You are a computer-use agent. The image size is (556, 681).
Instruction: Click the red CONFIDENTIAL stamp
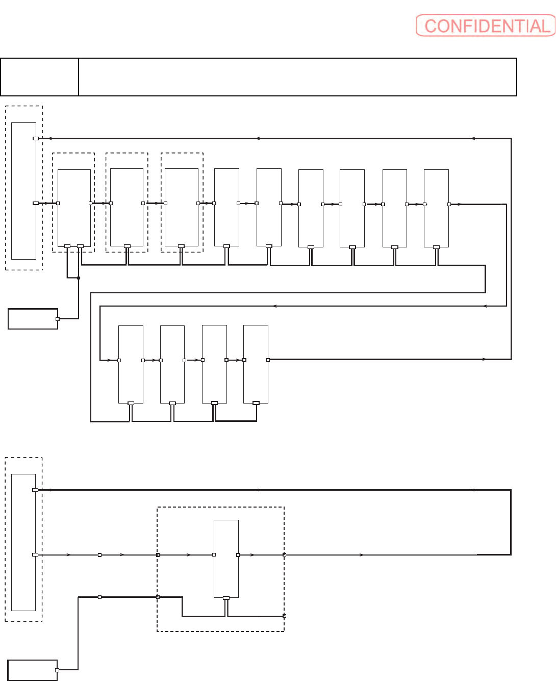click(485, 26)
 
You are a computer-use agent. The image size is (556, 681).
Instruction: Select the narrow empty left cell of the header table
click(39, 77)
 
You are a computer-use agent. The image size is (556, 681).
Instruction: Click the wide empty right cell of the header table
click(297, 77)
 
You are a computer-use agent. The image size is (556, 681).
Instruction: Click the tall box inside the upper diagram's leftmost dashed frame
click(23, 191)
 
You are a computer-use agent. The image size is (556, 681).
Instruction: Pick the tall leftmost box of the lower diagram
click(23, 542)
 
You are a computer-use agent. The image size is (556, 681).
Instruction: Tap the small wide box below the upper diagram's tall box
click(33, 319)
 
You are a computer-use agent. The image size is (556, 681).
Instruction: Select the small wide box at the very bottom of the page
click(32, 670)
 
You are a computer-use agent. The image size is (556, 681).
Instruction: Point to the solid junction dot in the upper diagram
click(79, 278)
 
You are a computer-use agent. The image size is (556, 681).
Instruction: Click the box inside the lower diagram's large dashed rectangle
click(226, 559)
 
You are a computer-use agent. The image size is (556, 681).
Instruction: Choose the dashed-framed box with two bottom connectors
click(74, 208)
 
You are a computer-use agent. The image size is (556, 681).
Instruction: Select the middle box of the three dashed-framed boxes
click(127, 208)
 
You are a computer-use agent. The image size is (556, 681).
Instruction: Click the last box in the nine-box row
click(436, 208)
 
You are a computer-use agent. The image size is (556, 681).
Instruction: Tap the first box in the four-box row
click(131, 364)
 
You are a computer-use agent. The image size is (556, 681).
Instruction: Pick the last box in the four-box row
click(256, 364)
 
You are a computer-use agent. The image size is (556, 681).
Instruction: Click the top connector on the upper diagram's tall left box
click(36, 138)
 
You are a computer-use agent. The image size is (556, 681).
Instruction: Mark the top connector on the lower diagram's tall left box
click(35, 490)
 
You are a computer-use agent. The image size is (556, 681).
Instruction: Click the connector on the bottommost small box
click(57, 670)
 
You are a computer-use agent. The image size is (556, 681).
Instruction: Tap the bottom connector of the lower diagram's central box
click(226, 598)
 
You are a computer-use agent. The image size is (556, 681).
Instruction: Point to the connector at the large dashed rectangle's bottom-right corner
click(284, 616)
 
